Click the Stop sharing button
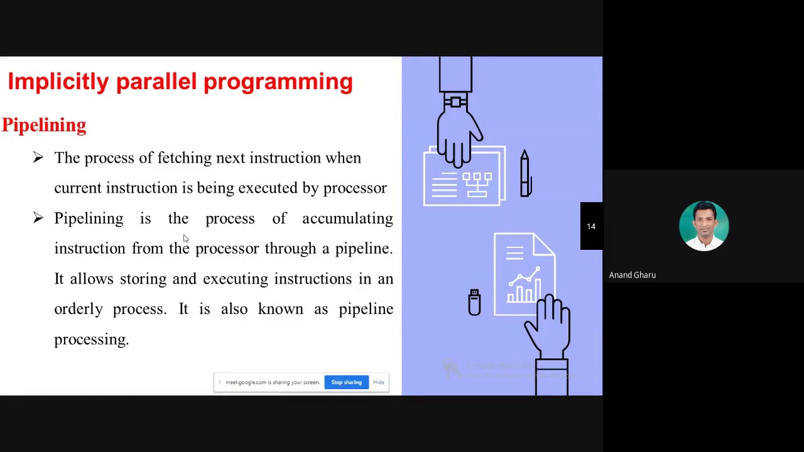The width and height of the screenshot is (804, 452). pos(346,382)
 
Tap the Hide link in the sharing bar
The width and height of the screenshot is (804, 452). pos(379,382)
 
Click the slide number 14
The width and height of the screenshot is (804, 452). pos(591,226)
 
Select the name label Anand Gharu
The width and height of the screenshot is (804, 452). pos(632,275)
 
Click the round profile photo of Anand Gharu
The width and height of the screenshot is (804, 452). pos(703,226)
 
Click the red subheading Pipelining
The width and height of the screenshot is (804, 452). pos(44,125)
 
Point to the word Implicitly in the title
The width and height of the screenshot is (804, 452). pos(58,82)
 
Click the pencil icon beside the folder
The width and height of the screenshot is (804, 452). pos(525,174)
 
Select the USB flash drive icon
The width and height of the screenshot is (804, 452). pos(474,302)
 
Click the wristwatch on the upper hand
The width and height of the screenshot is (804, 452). pos(455,101)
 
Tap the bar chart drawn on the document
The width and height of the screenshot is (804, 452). pos(524,291)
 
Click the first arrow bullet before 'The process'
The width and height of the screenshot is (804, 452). pos(38,158)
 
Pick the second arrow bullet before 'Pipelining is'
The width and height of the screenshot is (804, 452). pos(38,218)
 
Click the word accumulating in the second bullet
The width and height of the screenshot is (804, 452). pos(347,218)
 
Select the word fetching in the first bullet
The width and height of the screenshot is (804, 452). pos(184,158)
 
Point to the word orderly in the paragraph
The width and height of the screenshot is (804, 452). pos(78,309)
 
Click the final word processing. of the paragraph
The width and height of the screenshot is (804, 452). pos(91,340)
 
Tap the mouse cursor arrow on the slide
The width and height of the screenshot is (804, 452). pos(185,239)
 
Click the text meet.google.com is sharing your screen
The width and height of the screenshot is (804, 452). pos(272,382)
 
